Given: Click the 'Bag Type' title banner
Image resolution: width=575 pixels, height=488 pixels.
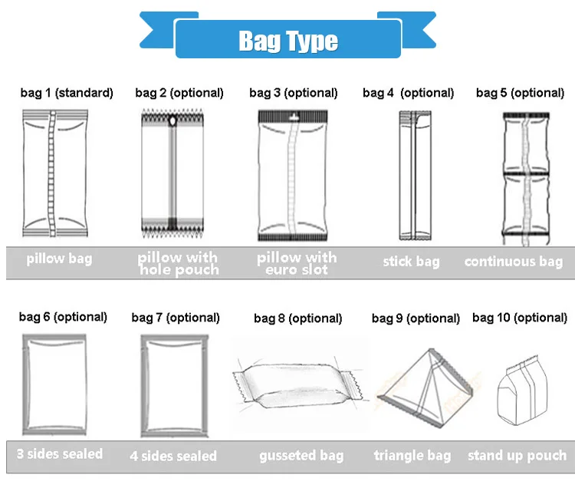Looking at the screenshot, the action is click(287, 40).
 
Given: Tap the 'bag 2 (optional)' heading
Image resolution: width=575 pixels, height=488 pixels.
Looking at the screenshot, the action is click(179, 93).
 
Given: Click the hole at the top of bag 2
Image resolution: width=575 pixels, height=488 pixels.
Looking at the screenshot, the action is click(172, 121).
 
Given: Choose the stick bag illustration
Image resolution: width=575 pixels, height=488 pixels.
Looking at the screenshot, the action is click(410, 175).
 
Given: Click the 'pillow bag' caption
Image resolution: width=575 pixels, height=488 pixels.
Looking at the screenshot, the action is click(59, 259).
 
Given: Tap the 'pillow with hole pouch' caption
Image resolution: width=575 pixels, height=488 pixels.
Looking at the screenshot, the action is click(179, 263).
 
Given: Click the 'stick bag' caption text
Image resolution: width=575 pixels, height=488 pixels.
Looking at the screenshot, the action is click(412, 262).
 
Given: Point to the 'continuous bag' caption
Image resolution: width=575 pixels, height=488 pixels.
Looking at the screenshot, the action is click(514, 262).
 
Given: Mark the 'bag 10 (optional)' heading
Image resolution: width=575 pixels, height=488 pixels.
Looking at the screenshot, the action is click(520, 318).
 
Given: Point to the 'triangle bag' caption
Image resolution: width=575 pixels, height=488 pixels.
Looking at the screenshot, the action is click(412, 456).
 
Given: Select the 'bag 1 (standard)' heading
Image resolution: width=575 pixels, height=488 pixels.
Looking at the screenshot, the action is click(67, 93).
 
